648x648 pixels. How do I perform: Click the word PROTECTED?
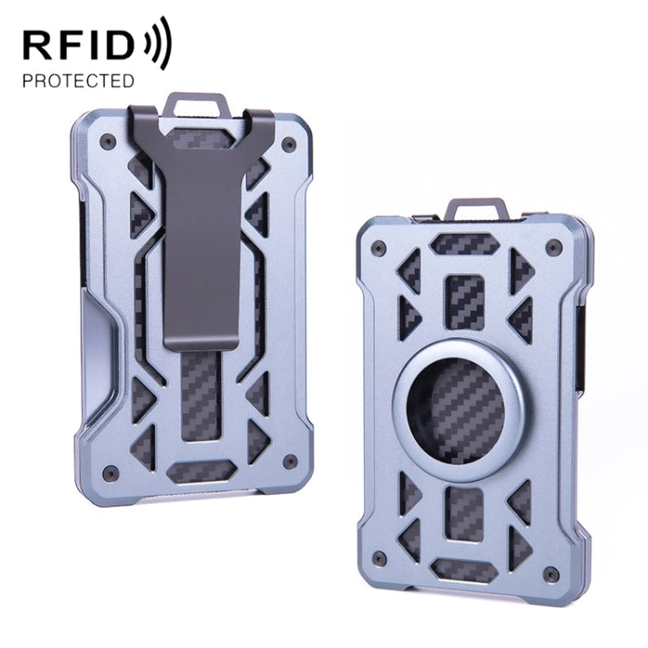tap(79, 81)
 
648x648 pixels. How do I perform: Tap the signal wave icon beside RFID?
tap(159, 41)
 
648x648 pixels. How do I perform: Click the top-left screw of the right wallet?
tap(378, 249)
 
